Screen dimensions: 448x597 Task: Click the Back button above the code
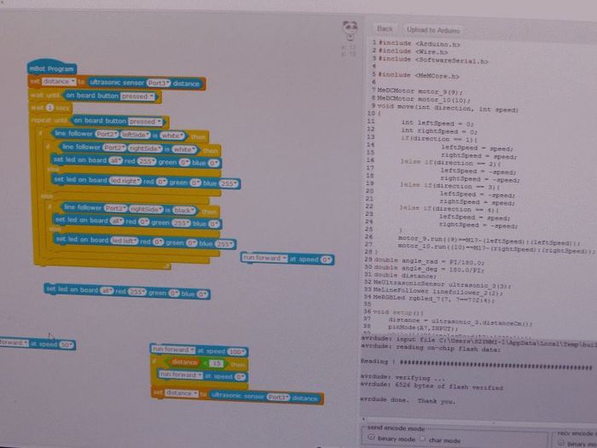point(385,30)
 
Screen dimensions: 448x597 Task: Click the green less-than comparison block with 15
point(197,363)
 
